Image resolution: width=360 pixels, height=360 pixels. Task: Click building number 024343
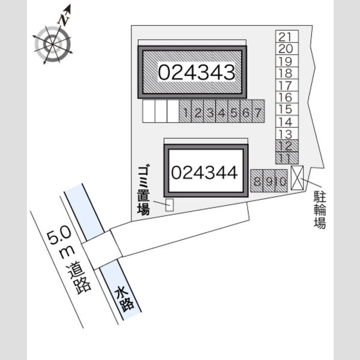pyautogui.click(x=197, y=73)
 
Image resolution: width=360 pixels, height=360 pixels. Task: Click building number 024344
pyautogui.click(x=205, y=173)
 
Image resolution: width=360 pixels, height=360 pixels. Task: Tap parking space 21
pyautogui.click(x=287, y=36)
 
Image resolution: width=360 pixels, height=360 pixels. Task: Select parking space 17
pyautogui.click(x=287, y=86)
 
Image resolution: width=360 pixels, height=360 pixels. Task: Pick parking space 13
pyautogui.click(x=287, y=134)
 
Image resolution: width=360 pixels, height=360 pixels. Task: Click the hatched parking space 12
pyautogui.click(x=287, y=146)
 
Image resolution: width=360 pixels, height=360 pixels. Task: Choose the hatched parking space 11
pyautogui.click(x=287, y=158)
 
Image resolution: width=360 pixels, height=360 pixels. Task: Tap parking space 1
pyautogui.click(x=185, y=112)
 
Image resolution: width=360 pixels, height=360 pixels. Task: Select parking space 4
pyautogui.click(x=222, y=112)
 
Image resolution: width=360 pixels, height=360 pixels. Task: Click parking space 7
pyautogui.click(x=259, y=112)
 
